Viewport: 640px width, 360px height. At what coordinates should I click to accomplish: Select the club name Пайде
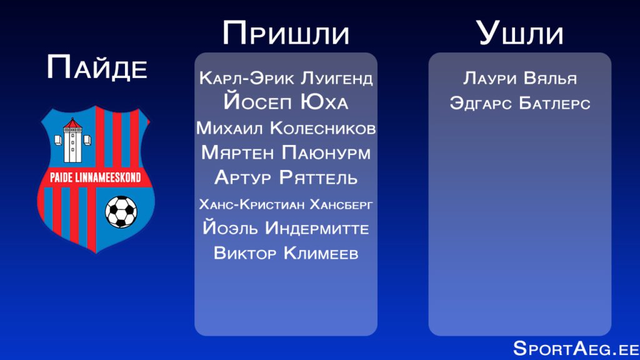(x=97, y=67)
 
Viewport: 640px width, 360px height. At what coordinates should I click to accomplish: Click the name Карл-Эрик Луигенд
(x=286, y=78)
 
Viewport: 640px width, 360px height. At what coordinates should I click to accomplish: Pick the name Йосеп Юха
(x=286, y=101)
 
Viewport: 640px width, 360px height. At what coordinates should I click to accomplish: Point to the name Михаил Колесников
(x=286, y=128)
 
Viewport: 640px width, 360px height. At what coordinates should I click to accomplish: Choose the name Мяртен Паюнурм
(x=286, y=152)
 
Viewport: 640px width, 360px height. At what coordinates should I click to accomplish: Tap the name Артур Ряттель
(x=286, y=177)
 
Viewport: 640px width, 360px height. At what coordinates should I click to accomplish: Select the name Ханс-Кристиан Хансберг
(x=286, y=204)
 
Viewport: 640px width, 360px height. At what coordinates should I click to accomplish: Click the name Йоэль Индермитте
(x=286, y=227)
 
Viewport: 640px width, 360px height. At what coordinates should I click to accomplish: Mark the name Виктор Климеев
(x=286, y=253)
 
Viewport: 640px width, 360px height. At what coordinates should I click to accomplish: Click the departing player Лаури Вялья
(x=519, y=78)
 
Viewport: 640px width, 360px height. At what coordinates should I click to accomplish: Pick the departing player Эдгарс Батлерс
(x=519, y=103)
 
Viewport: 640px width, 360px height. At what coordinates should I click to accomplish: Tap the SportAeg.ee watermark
(x=576, y=349)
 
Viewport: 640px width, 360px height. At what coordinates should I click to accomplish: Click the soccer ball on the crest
(x=121, y=212)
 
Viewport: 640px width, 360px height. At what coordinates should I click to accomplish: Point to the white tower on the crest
(x=72, y=141)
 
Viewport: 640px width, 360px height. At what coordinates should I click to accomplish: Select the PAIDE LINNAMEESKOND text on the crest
(x=96, y=177)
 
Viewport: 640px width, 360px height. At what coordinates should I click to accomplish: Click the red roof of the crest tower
(x=72, y=123)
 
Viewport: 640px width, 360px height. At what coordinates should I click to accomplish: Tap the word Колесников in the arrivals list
(x=323, y=128)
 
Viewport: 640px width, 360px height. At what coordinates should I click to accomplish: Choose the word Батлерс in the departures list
(x=555, y=103)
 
